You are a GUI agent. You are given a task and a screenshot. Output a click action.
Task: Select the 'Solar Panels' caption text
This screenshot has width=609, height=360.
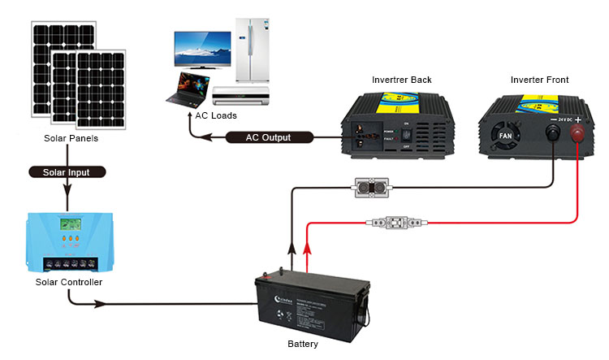[71, 138]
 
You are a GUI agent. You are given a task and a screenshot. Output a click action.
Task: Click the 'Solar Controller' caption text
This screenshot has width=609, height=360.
[69, 282]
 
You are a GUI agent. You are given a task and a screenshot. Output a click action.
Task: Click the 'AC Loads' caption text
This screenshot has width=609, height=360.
[215, 115]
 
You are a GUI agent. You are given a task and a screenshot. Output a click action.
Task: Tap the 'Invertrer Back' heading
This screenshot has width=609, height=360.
[401, 80]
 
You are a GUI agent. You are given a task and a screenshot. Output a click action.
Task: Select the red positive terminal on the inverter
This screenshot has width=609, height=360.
[577, 132]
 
